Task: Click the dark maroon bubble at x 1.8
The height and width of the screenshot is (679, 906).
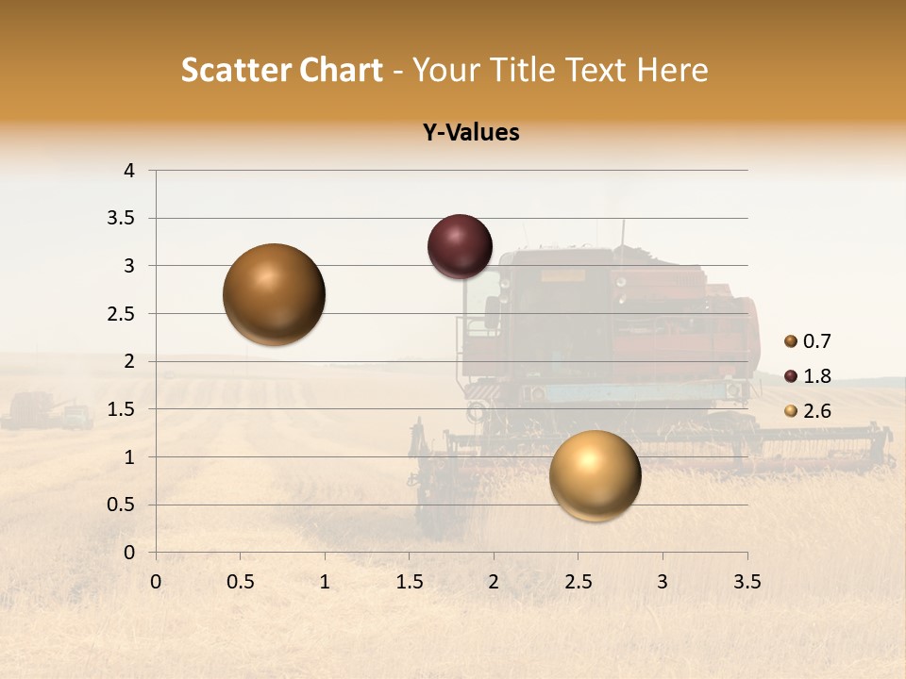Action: tap(460, 246)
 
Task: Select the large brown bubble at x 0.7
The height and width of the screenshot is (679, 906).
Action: tap(275, 294)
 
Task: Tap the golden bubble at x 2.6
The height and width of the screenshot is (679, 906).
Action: tap(595, 474)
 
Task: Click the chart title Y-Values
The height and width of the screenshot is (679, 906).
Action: tap(470, 133)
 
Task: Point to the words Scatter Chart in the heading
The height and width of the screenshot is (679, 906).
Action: tap(281, 70)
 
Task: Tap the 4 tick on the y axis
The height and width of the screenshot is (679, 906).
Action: tap(130, 171)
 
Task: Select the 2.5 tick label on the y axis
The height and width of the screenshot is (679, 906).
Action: tap(122, 314)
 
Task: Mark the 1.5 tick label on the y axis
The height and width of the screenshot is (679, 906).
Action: tap(122, 409)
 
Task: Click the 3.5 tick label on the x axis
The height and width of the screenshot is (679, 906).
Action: tap(747, 582)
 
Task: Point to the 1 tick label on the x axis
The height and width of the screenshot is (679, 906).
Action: tap(325, 582)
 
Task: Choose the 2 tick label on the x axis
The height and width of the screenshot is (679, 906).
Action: tap(494, 582)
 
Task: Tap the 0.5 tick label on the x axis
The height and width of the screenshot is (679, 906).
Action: tap(241, 582)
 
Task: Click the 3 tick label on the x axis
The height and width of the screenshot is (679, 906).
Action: tap(663, 582)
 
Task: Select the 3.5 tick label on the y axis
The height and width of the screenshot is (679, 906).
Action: tap(122, 219)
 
